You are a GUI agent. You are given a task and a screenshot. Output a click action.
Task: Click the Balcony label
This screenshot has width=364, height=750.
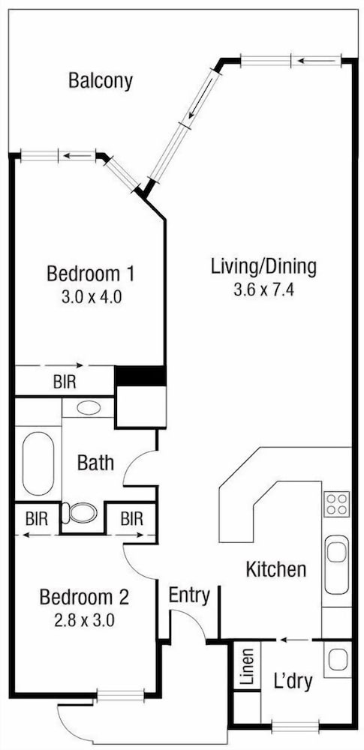pyautogui.click(x=100, y=81)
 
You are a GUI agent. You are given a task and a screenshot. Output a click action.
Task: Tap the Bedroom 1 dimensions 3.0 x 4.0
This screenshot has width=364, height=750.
pyautogui.click(x=91, y=297)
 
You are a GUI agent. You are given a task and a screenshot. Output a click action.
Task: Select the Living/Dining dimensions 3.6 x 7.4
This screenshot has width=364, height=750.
pyautogui.click(x=264, y=289)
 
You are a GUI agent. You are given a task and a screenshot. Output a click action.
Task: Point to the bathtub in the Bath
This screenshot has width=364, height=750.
pyautogui.click(x=38, y=463)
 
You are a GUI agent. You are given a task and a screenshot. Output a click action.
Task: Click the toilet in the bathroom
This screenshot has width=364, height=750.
pyautogui.click(x=80, y=513)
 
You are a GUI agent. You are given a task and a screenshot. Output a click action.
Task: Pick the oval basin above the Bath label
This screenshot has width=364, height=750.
pyautogui.click(x=88, y=408)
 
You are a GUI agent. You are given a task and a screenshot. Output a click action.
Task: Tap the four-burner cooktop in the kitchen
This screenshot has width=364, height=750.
pyautogui.click(x=337, y=504)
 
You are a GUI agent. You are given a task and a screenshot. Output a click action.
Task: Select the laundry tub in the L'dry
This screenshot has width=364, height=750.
pyautogui.click(x=338, y=659)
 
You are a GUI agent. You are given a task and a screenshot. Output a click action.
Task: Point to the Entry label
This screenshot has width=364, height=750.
pyautogui.click(x=190, y=596)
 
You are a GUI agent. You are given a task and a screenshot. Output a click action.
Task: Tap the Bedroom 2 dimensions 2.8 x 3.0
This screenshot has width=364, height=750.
pyautogui.click(x=84, y=621)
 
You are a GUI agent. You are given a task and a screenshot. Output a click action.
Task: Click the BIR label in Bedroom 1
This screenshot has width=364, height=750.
pyautogui.click(x=65, y=382)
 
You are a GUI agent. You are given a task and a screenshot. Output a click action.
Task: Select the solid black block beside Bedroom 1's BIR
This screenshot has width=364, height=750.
pyautogui.click(x=140, y=376)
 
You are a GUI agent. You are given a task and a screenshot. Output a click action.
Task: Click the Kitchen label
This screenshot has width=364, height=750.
pyautogui.click(x=276, y=569)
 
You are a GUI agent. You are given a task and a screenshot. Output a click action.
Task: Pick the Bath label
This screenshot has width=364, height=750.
pyautogui.click(x=96, y=463)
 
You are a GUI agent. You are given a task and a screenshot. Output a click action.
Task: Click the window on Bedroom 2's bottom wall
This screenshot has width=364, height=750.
pyautogui.click(x=120, y=695)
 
